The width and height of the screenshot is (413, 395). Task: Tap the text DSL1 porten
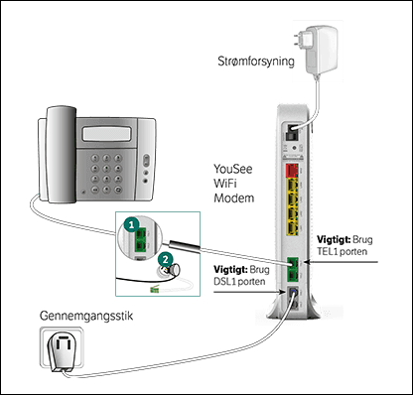click(238, 282)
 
